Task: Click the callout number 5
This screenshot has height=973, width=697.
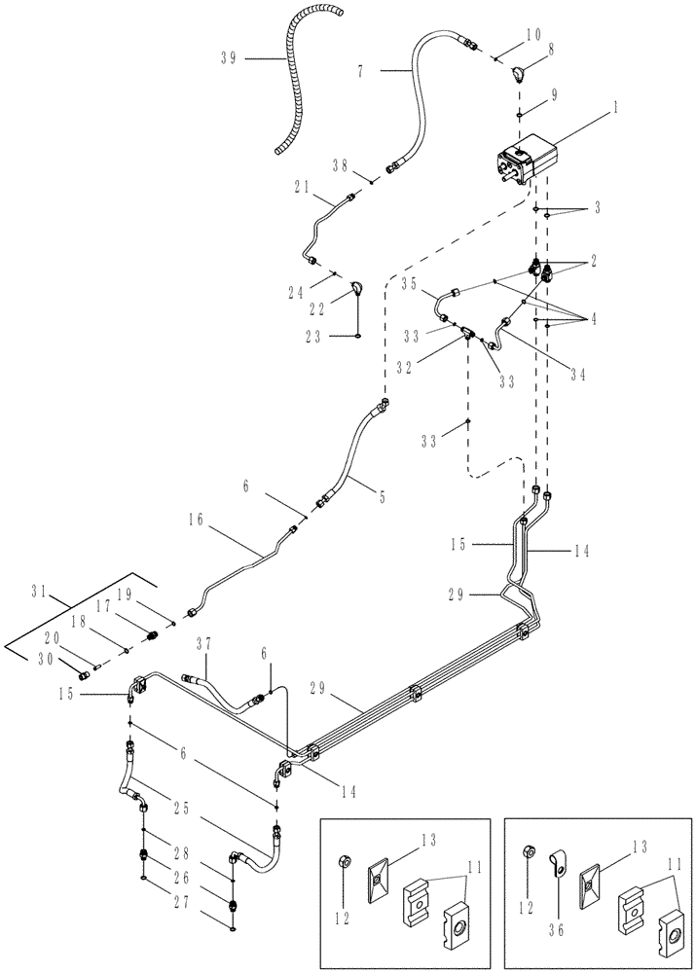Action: coord(382,495)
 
